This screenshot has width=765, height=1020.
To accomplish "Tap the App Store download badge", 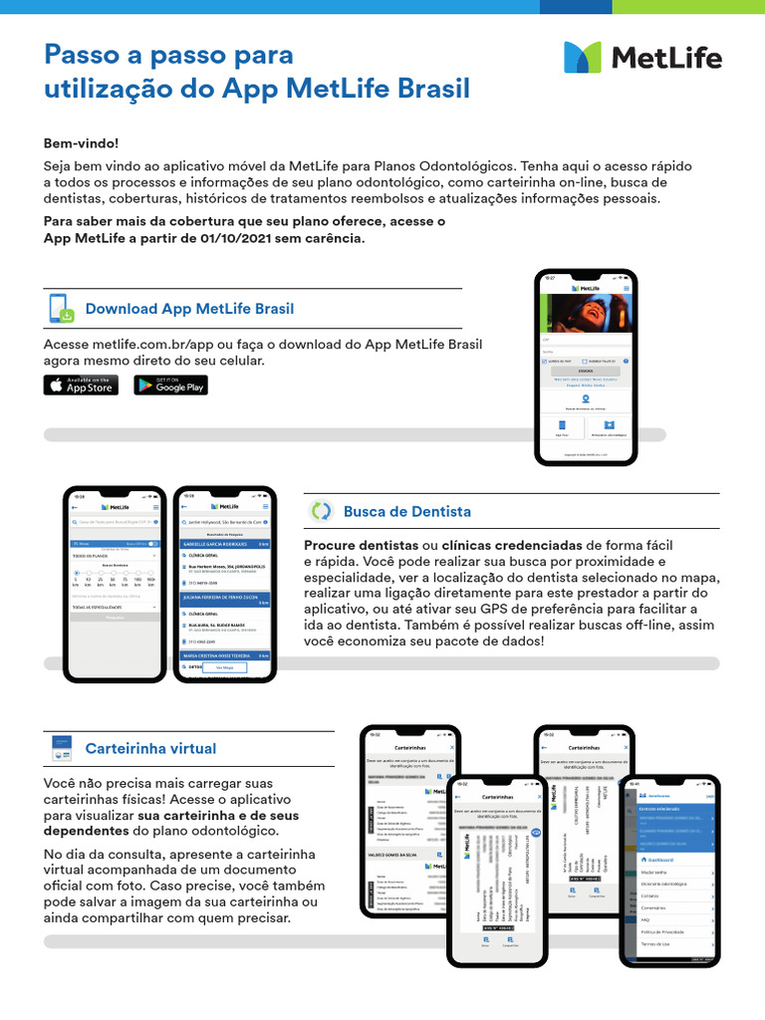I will coord(81,384).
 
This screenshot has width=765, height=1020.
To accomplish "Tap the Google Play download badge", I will coord(170,384).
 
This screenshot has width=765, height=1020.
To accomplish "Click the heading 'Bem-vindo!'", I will coord(81,143).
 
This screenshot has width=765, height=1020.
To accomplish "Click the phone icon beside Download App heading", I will coord(61,308).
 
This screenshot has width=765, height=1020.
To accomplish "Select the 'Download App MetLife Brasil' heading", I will coord(189,309).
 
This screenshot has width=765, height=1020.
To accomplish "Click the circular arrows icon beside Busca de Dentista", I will coord(321,511).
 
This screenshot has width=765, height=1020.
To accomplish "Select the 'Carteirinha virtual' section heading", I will coord(150,748).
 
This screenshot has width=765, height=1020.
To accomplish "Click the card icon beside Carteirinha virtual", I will coord(61,747).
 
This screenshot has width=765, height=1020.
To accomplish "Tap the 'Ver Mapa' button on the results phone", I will coord(224,668).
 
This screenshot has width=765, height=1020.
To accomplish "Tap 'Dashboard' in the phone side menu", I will coord(659,859).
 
